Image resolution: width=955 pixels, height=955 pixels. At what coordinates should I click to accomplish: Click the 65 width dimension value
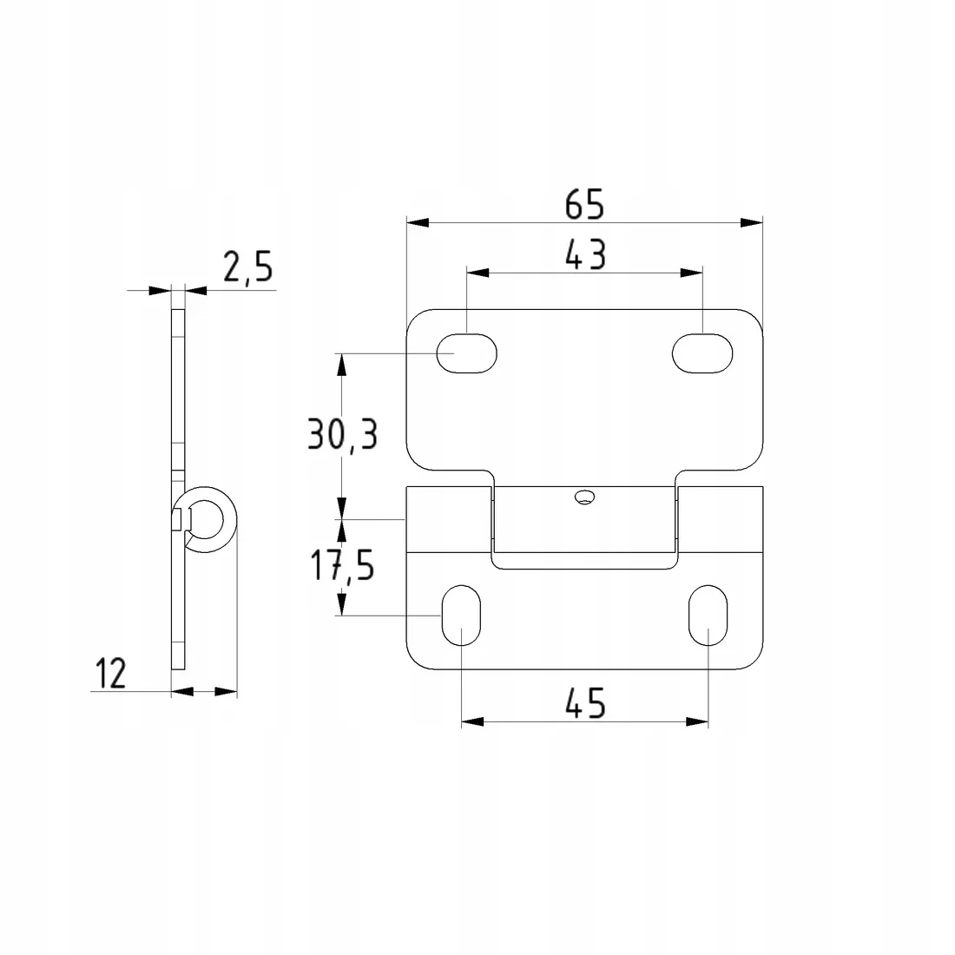point(584,205)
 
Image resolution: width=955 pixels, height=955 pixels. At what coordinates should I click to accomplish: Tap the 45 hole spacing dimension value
point(585,703)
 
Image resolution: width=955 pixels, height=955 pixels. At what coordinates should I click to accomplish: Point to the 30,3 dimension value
point(342,434)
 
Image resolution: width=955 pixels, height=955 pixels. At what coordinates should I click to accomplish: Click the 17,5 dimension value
point(342,565)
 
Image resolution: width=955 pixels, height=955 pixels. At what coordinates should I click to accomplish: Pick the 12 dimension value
point(111,674)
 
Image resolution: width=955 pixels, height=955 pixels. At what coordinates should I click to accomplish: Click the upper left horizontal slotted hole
point(466,353)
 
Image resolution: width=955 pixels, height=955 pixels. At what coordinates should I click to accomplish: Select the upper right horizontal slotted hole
point(702,353)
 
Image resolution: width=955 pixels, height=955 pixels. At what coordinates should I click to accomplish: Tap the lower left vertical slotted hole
point(461,616)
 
